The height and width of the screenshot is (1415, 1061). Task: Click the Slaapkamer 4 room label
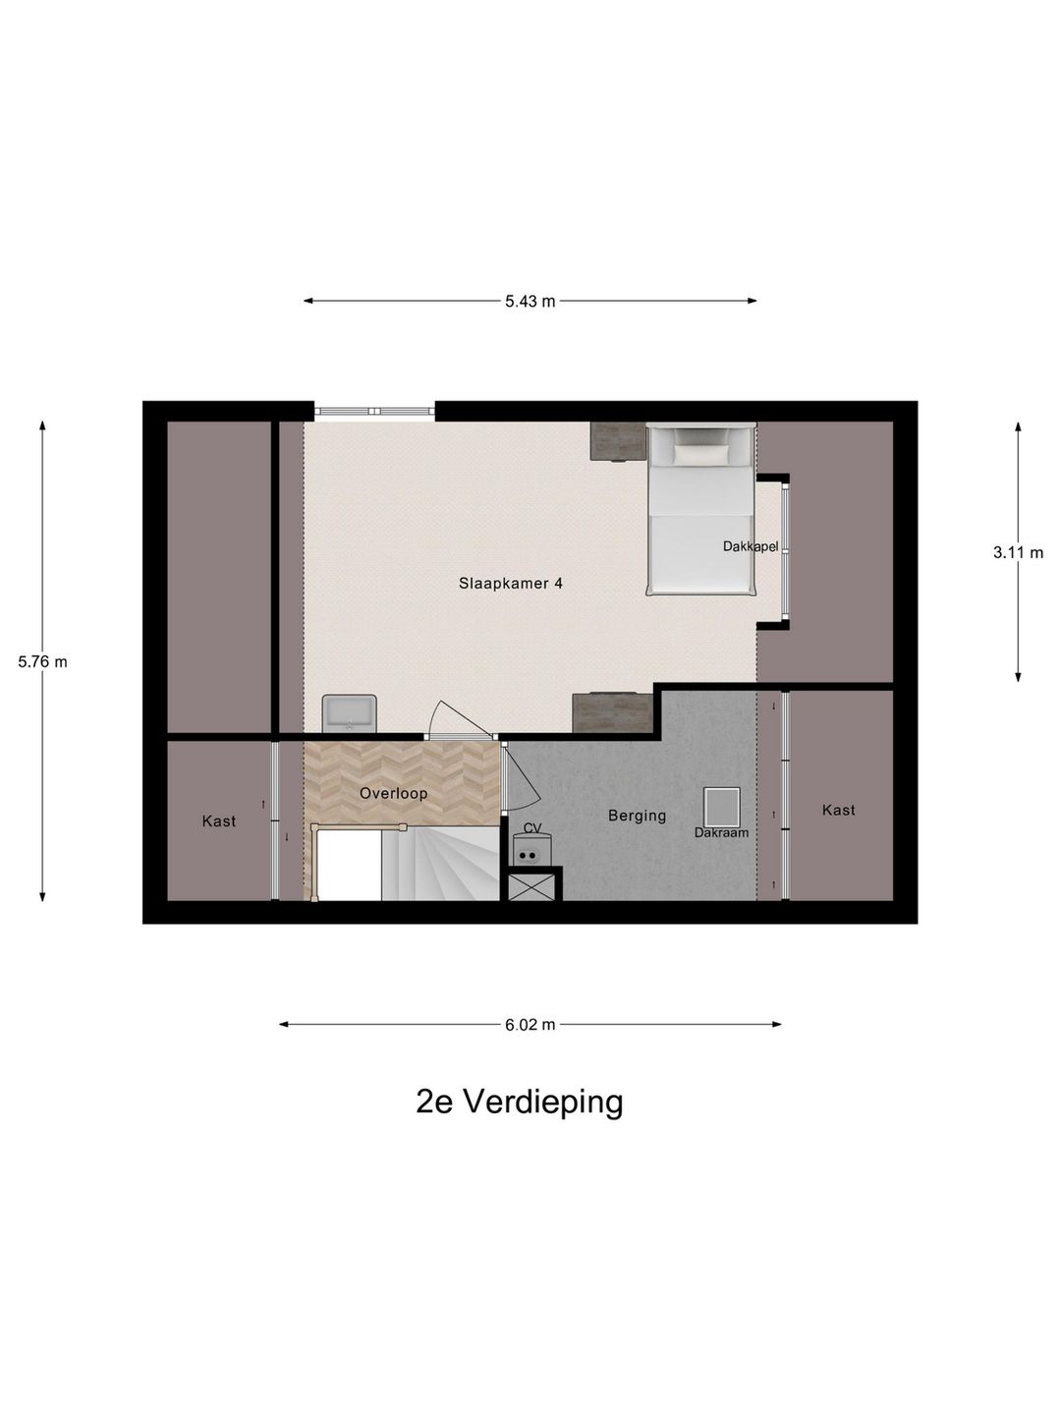coord(510,583)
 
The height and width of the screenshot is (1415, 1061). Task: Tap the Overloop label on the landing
coord(393,793)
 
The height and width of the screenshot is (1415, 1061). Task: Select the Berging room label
coord(637,815)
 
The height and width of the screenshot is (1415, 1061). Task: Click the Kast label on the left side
coord(218,821)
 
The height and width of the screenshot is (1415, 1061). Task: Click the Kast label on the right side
coord(838,810)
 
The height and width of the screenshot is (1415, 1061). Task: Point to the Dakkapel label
coord(750,546)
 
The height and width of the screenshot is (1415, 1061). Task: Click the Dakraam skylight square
coord(721,807)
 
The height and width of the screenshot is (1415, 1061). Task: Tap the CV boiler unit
coord(531,849)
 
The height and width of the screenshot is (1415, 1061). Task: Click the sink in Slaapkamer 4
coord(349,712)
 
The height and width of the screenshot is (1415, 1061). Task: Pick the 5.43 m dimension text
coord(530,302)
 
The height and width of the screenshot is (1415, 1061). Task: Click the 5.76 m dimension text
coord(42,661)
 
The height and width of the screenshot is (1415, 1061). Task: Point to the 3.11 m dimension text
coord(1018,552)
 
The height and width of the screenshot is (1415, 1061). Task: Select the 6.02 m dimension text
coord(530,1025)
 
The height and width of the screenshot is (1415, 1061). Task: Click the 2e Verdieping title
coord(519,1102)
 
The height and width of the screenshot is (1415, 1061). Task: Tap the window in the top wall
coord(373,412)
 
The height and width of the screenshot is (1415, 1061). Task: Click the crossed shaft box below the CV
coord(532,886)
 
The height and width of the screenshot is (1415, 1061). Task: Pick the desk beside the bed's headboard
coord(617,441)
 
